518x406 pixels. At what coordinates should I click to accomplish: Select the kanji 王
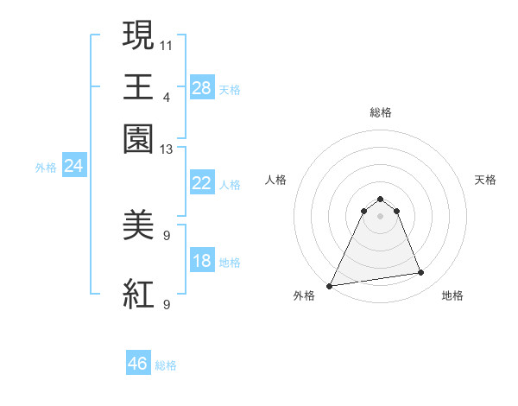tap(139, 86)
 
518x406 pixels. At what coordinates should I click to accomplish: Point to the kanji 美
tap(139, 226)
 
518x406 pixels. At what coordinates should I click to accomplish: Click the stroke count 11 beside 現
tap(167, 43)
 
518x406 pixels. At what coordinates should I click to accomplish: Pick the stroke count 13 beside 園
tap(167, 149)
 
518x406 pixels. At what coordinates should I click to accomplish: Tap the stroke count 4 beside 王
tap(167, 96)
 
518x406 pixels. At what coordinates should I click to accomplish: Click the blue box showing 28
tap(201, 87)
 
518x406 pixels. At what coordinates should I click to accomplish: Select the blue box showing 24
tap(73, 166)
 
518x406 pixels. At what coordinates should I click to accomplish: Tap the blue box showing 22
tap(201, 183)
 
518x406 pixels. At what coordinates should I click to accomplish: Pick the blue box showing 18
tap(201, 261)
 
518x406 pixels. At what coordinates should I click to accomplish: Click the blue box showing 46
tap(138, 364)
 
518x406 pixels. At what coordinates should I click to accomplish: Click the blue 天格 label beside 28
tap(230, 89)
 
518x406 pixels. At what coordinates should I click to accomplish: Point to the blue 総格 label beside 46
tap(166, 365)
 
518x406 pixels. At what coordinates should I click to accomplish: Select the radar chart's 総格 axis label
tap(380, 112)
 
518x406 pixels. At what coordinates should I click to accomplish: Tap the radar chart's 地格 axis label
tap(452, 295)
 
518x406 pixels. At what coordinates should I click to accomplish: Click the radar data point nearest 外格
tap(330, 286)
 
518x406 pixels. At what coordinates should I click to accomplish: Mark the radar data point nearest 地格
tap(421, 273)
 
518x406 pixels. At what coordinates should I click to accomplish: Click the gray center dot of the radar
tap(380, 216)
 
